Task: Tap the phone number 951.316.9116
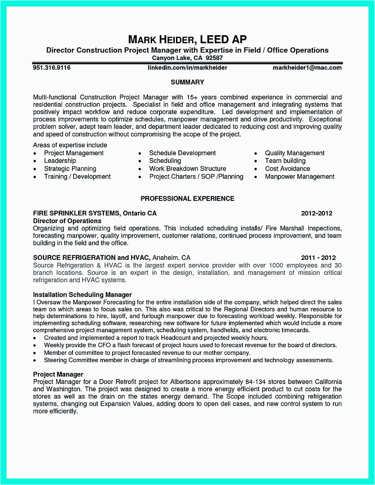[x=52, y=67]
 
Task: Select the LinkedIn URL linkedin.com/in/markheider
[x=187, y=67]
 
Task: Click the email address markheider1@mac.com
[x=307, y=67]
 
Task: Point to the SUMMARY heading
[x=187, y=82]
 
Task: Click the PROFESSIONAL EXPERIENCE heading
[x=187, y=198]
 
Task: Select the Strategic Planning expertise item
[x=70, y=169]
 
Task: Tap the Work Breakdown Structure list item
[x=187, y=169]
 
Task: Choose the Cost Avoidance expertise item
[x=287, y=169]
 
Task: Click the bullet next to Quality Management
[x=256, y=154]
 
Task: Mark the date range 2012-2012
[x=317, y=213]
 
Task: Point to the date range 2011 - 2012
[x=318, y=257]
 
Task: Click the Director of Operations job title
[x=67, y=221]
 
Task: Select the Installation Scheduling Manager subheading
[x=83, y=295]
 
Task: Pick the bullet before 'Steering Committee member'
[x=35, y=361]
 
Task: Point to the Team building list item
[x=285, y=161]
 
